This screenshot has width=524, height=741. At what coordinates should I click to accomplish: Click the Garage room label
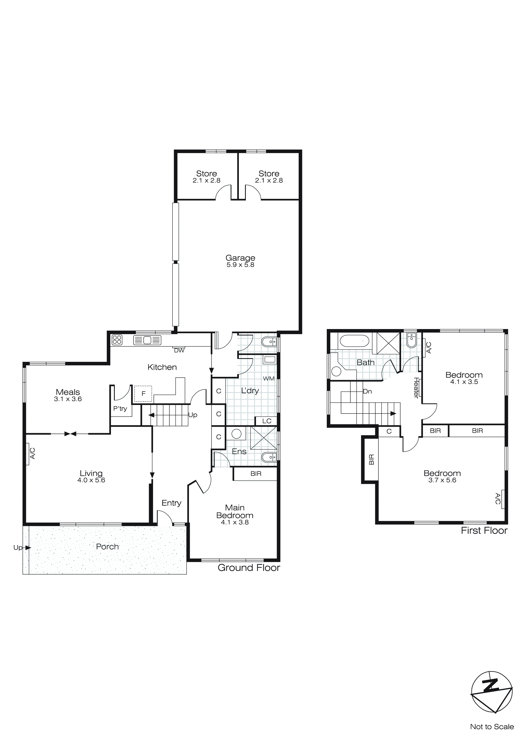240,258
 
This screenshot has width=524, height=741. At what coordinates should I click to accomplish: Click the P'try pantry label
120,409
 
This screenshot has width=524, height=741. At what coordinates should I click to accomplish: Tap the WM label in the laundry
268,379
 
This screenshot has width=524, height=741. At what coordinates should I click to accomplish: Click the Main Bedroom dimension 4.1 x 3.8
235,522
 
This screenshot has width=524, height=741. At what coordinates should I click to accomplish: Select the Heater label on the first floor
416,388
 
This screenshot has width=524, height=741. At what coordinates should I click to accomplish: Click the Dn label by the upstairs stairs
367,391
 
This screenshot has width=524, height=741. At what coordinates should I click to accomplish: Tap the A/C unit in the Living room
32,453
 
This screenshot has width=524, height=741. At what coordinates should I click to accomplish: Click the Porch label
107,546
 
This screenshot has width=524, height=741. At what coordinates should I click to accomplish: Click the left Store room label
207,174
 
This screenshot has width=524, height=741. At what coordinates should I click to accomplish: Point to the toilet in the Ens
269,457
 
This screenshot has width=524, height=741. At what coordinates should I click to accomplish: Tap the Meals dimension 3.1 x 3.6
68,399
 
